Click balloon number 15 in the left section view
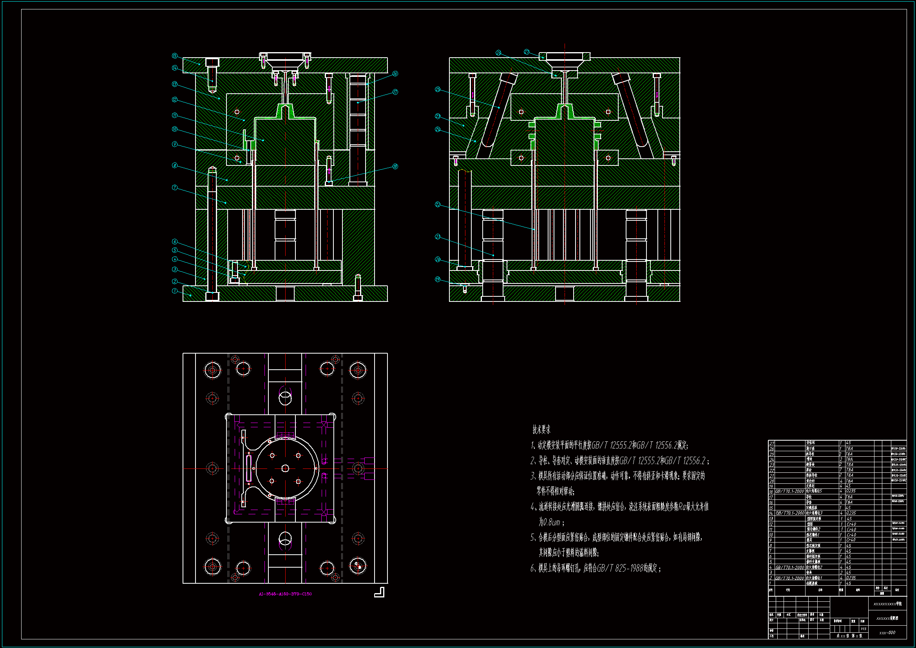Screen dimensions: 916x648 tap(174, 56)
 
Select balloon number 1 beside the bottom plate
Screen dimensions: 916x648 tap(174, 291)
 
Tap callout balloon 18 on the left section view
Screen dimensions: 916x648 tap(395, 167)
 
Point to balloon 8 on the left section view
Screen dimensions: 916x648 tap(174, 165)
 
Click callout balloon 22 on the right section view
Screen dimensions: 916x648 tap(438, 205)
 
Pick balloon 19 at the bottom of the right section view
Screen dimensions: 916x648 tap(438, 280)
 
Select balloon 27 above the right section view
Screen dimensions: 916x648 tap(527, 52)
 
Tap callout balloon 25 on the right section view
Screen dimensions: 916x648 tap(438, 89)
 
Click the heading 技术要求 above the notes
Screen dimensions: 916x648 tap(541, 430)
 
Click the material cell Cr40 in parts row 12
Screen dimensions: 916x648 tap(851, 524)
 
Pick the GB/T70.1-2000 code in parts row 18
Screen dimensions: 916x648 tap(789, 492)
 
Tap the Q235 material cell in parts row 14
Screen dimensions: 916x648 tap(851, 513)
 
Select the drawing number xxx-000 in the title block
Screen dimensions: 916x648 tap(887, 633)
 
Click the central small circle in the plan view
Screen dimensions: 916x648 tap(285, 468)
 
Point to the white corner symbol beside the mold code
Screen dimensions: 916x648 tap(379, 592)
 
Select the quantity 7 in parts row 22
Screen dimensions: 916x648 tap(841, 470)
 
